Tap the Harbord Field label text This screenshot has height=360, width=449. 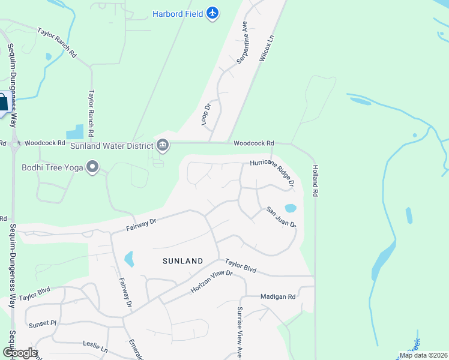[178, 13]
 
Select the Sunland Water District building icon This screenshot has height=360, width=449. [163, 145]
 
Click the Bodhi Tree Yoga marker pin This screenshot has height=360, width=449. [92, 167]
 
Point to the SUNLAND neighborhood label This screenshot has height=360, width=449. [182, 261]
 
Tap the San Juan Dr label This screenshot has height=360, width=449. [282, 217]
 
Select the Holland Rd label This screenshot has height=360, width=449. [315, 181]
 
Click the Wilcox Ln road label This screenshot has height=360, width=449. [267, 48]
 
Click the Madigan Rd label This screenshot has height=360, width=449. [278, 296]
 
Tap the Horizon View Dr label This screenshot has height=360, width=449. [211, 281]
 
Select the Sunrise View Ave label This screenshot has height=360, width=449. [239, 331]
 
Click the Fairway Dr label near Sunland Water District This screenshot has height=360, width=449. [141, 225]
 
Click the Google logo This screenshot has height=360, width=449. [20, 353]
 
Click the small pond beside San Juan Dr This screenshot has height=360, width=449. [291, 209]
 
